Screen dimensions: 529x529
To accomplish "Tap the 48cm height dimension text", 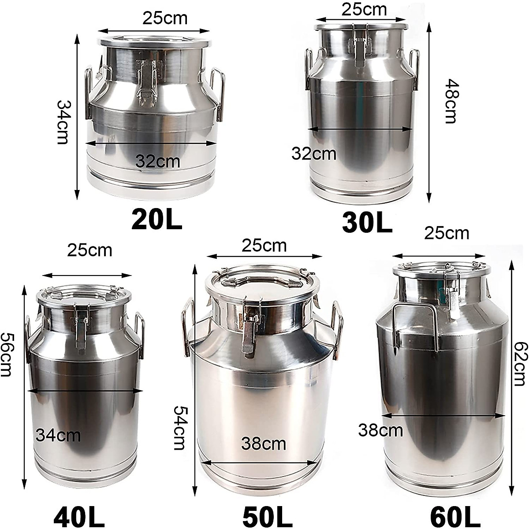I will point(450,101).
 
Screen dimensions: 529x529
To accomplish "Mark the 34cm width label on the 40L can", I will point(58,436).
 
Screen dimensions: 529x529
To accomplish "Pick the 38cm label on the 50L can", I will point(264,443).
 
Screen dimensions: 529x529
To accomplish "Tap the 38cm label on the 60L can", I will point(380,430).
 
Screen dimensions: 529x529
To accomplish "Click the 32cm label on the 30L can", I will point(314,154).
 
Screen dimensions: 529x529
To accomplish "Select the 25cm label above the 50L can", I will point(264,245).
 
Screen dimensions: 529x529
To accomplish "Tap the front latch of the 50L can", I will point(250,328).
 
